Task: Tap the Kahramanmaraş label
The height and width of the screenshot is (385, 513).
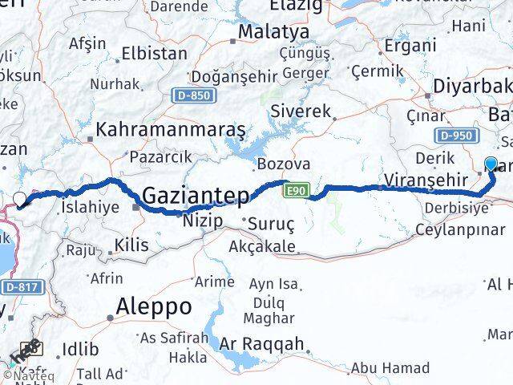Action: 171,129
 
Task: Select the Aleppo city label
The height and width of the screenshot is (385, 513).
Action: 154,306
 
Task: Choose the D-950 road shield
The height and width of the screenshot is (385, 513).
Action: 456,136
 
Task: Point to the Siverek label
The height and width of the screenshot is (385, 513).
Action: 301,111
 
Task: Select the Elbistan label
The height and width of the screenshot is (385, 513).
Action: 154,54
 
